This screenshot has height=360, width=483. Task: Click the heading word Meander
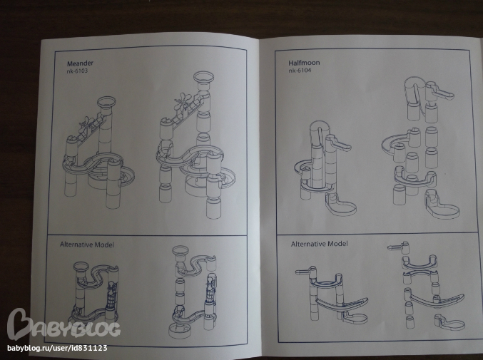click(80, 63)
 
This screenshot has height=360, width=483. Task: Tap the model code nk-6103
click(77, 71)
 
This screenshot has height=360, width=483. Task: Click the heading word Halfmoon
click(304, 63)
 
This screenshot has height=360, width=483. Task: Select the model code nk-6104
click(300, 71)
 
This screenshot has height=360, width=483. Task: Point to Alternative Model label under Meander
click(87, 245)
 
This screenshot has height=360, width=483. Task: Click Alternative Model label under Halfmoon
click(320, 244)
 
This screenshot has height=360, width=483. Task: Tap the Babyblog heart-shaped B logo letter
click(19, 324)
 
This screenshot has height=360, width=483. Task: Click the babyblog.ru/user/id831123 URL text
click(57, 349)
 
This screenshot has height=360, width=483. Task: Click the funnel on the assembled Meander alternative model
click(81, 267)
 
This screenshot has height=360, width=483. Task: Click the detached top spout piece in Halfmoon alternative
click(398, 247)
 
